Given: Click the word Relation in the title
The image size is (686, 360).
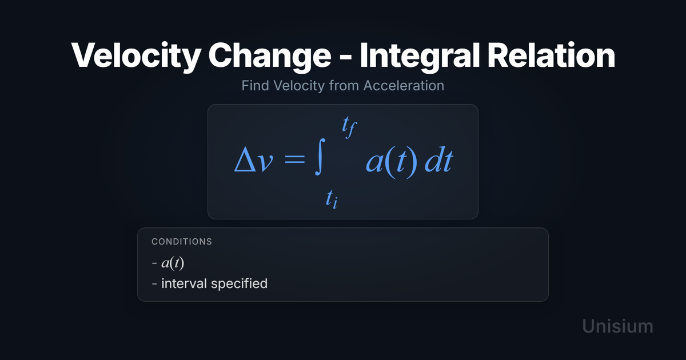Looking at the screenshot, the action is click(x=551, y=55).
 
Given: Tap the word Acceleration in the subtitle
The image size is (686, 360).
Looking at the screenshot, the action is click(x=404, y=85).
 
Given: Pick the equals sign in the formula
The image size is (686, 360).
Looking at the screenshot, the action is click(x=294, y=160).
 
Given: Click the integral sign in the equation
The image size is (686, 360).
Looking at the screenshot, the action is click(x=320, y=157).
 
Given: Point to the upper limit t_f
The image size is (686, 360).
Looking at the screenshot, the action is click(x=349, y=126).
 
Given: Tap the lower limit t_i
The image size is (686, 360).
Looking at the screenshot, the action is click(x=332, y=199).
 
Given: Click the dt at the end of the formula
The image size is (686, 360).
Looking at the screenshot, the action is click(x=439, y=161).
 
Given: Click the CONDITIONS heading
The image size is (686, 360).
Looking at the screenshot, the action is click(x=182, y=242).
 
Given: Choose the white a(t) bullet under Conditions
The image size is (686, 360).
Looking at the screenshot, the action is click(x=173, y=263).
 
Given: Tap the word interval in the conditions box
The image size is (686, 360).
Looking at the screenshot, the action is click(x=184, y=283).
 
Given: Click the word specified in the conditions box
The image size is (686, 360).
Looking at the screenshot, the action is click(x=239, y=284).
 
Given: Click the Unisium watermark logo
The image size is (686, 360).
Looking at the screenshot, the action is click(x=618, y=326).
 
